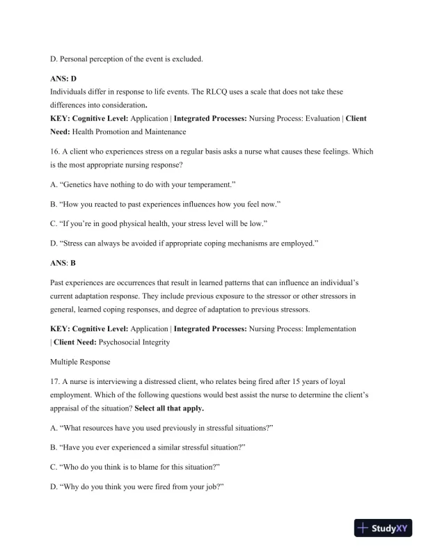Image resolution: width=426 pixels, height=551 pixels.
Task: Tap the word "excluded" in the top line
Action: coord(184,59)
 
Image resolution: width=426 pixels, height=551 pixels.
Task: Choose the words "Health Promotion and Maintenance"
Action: coord(130,131)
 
